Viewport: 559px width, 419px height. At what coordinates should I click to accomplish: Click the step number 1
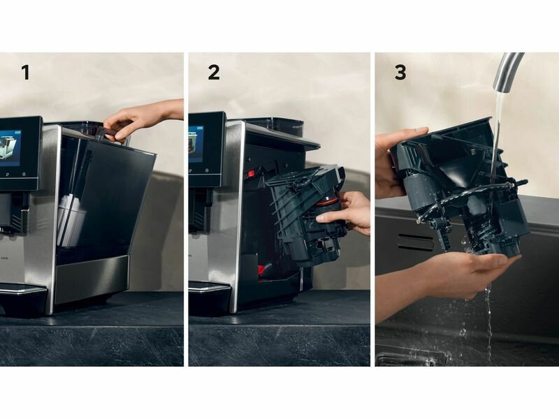coord(25,73)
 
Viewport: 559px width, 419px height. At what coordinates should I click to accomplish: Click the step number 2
coord(214,73)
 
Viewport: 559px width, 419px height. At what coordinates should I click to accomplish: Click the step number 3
coord(400,73)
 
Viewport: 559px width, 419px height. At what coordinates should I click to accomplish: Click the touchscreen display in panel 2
coord(196,144)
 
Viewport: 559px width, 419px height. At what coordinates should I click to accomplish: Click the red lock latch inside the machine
coord(250,174)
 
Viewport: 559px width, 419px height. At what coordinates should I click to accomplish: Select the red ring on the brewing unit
coord(328,201)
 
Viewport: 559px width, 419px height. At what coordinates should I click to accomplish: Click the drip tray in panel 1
coord(22,294)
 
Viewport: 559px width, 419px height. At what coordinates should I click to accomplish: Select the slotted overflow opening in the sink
coord(415,242)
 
